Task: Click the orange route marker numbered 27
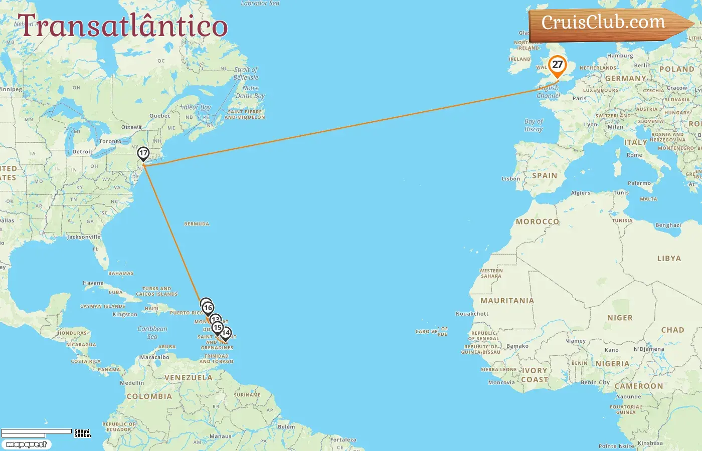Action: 557,65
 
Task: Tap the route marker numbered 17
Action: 143,153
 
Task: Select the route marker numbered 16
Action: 208,308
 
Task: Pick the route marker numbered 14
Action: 226,333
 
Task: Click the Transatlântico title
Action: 122,26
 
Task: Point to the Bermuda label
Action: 197,224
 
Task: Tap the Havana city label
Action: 93,283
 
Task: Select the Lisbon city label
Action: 511,179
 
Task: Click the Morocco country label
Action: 537,221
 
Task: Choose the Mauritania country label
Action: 507,301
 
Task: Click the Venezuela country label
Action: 189,378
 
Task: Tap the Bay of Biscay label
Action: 534,125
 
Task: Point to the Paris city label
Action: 579,99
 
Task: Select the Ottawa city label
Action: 131,127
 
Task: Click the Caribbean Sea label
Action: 152,333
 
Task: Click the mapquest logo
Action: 26,444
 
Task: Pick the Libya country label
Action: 669,259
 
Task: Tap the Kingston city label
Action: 125,315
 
